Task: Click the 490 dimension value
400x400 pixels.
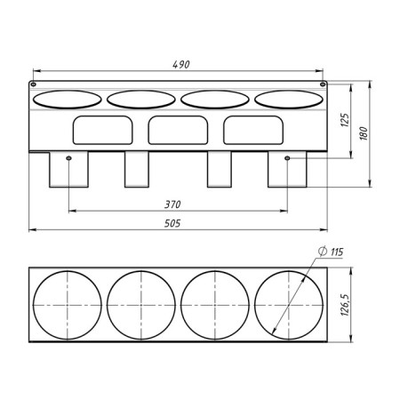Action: (181, 64)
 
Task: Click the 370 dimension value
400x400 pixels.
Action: (172, 204)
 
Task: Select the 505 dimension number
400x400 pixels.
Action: (172, 223)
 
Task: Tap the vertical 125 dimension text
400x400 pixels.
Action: (345, 120)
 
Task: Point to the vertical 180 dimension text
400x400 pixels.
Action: (364, 133)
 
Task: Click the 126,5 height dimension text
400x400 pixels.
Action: (345, 305)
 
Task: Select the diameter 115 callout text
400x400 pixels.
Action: (331, 252)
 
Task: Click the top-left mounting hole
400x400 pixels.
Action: (34, 84)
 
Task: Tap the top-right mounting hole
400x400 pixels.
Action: (323, 84)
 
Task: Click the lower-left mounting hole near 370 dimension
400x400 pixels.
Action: (68, 158)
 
